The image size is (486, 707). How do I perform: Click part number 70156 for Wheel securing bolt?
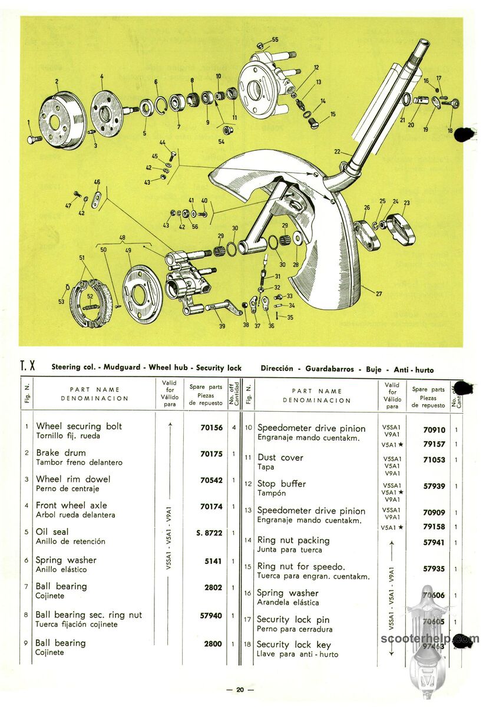[x=211, y=427]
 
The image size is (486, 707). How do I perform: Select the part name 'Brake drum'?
[x=61, y=452]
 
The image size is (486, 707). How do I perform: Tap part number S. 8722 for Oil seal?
[x=209, y=533]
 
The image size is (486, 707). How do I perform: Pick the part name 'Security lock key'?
[x=294, y=645]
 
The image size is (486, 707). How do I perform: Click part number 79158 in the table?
[x=434, y=527]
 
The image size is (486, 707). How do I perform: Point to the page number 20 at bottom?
[x=240, y=690]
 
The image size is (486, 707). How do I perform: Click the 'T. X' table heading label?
[x=28, y=366]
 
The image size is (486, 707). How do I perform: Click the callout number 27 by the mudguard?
[x=379, y=293]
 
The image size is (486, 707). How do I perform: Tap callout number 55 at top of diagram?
[x=275, y=39]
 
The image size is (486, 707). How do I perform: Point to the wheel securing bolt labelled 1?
[x=34, y=139]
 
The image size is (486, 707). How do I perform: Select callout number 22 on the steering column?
[x=337, y=151]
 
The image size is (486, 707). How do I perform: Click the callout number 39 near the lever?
[x=222, y=326]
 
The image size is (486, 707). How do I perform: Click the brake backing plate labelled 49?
[x=142, y=293]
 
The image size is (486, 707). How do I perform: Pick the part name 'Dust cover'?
[x=280, y=457]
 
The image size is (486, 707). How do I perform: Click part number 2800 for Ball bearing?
[x=213, y=643]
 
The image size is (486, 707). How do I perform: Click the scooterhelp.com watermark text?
[x=430, y=639]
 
